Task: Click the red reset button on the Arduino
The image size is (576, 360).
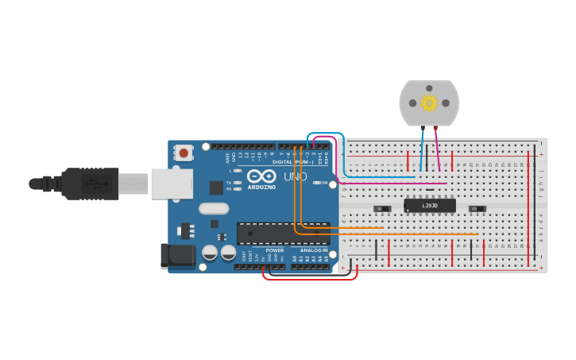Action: click(x=184, y=152)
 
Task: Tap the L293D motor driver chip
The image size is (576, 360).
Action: click(x=430, y=206)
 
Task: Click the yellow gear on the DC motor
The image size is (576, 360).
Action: click(x=429, y=103)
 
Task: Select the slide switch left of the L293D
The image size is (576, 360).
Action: click(x=382, y=209)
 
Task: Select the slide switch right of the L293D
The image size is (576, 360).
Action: click(x=477, y=209)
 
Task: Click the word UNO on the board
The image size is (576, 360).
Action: click(x=296, y=176)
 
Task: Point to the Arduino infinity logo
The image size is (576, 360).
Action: click(x=260, y=176)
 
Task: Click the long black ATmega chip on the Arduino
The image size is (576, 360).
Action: click(x=283, y=233)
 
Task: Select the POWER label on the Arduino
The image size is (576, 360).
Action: click(x=275, y=250)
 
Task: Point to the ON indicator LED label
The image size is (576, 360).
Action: click(x=324, y=183)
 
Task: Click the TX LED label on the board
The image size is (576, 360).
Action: click(x=230, y=182)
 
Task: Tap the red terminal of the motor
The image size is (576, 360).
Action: click(x=435, y=128)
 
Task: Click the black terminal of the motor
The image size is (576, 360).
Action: click(x=423, y=128)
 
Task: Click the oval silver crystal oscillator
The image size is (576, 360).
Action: click(x=214, y=209)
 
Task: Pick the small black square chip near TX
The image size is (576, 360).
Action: click(x=216, y=188)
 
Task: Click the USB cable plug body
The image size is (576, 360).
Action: click(x=91, y=184)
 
